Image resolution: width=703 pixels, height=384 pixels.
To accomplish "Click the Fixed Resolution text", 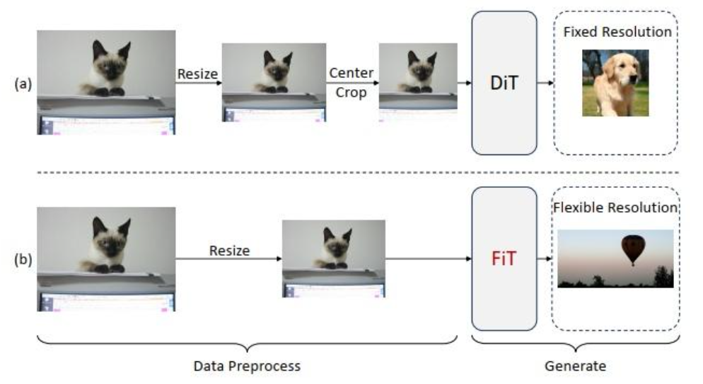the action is (617, 32).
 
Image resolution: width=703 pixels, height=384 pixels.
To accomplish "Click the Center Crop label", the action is (351, 83).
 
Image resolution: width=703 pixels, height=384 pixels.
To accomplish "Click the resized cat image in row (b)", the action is (333, 258).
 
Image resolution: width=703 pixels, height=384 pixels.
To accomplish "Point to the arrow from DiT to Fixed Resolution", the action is (545, 83).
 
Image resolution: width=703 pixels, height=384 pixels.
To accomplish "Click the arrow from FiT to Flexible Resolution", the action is (545, 258).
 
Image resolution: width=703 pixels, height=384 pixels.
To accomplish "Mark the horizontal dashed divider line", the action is (354, 172).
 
